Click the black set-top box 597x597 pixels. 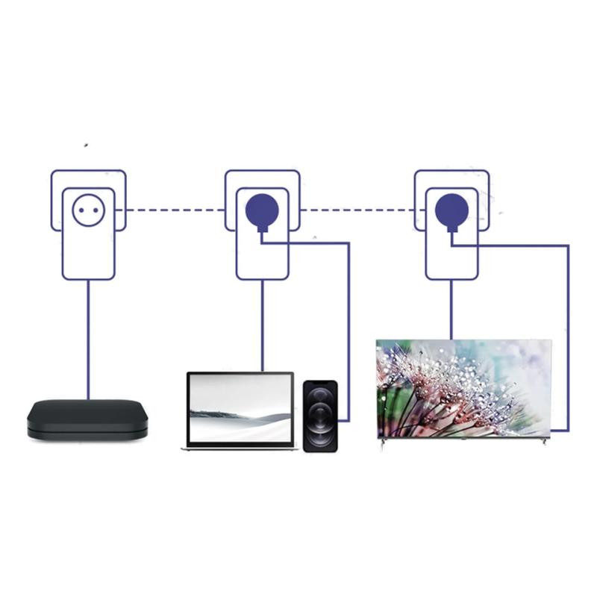coord(87,419)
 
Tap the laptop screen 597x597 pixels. coord(240,408)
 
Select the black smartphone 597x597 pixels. coord(320,416)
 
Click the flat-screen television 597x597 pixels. coord(463,388)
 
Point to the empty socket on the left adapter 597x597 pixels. coord(89,210)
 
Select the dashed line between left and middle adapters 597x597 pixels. coord(175,210)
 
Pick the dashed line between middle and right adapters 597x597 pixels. coord(358,210)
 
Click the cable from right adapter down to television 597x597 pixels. coord(451,310)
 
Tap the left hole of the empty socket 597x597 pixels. coord(82,210)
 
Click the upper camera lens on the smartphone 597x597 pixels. coord(320,396)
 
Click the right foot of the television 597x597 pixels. coord(544,442)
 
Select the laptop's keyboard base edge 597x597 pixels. coord(240,448)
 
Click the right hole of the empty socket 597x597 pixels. coord(96,210)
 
